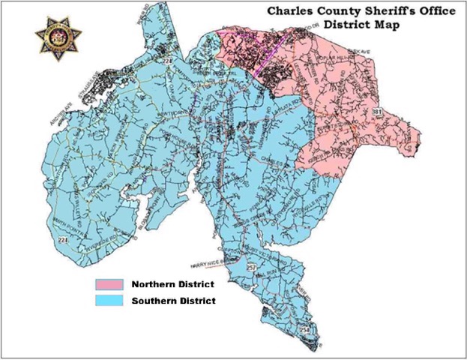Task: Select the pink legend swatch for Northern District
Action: [108, 285]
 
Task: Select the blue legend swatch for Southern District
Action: [108, 300]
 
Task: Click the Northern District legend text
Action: [173, 285]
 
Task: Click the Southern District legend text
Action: [173, 301]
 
